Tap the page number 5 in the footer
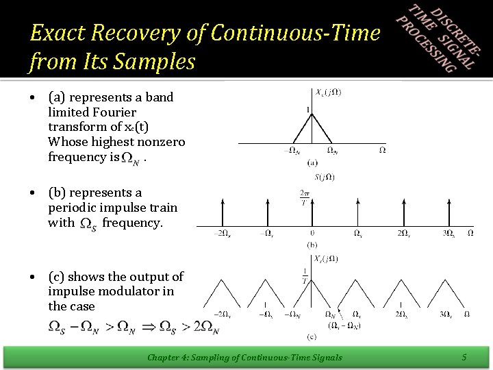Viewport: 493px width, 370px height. [x=464, y=356]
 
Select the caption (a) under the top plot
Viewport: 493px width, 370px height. [x=312, y=163]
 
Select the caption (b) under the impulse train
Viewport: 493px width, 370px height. [x=312, y=244]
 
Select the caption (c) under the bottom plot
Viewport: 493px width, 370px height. [x=312, y=336]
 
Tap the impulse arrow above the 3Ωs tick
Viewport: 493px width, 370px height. [x=448, y=212]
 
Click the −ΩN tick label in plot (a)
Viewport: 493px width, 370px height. [x=290, y=150]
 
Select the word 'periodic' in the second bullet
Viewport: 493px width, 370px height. [x=71, y=208]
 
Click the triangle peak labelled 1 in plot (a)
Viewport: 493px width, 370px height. [x=312, y=114]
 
